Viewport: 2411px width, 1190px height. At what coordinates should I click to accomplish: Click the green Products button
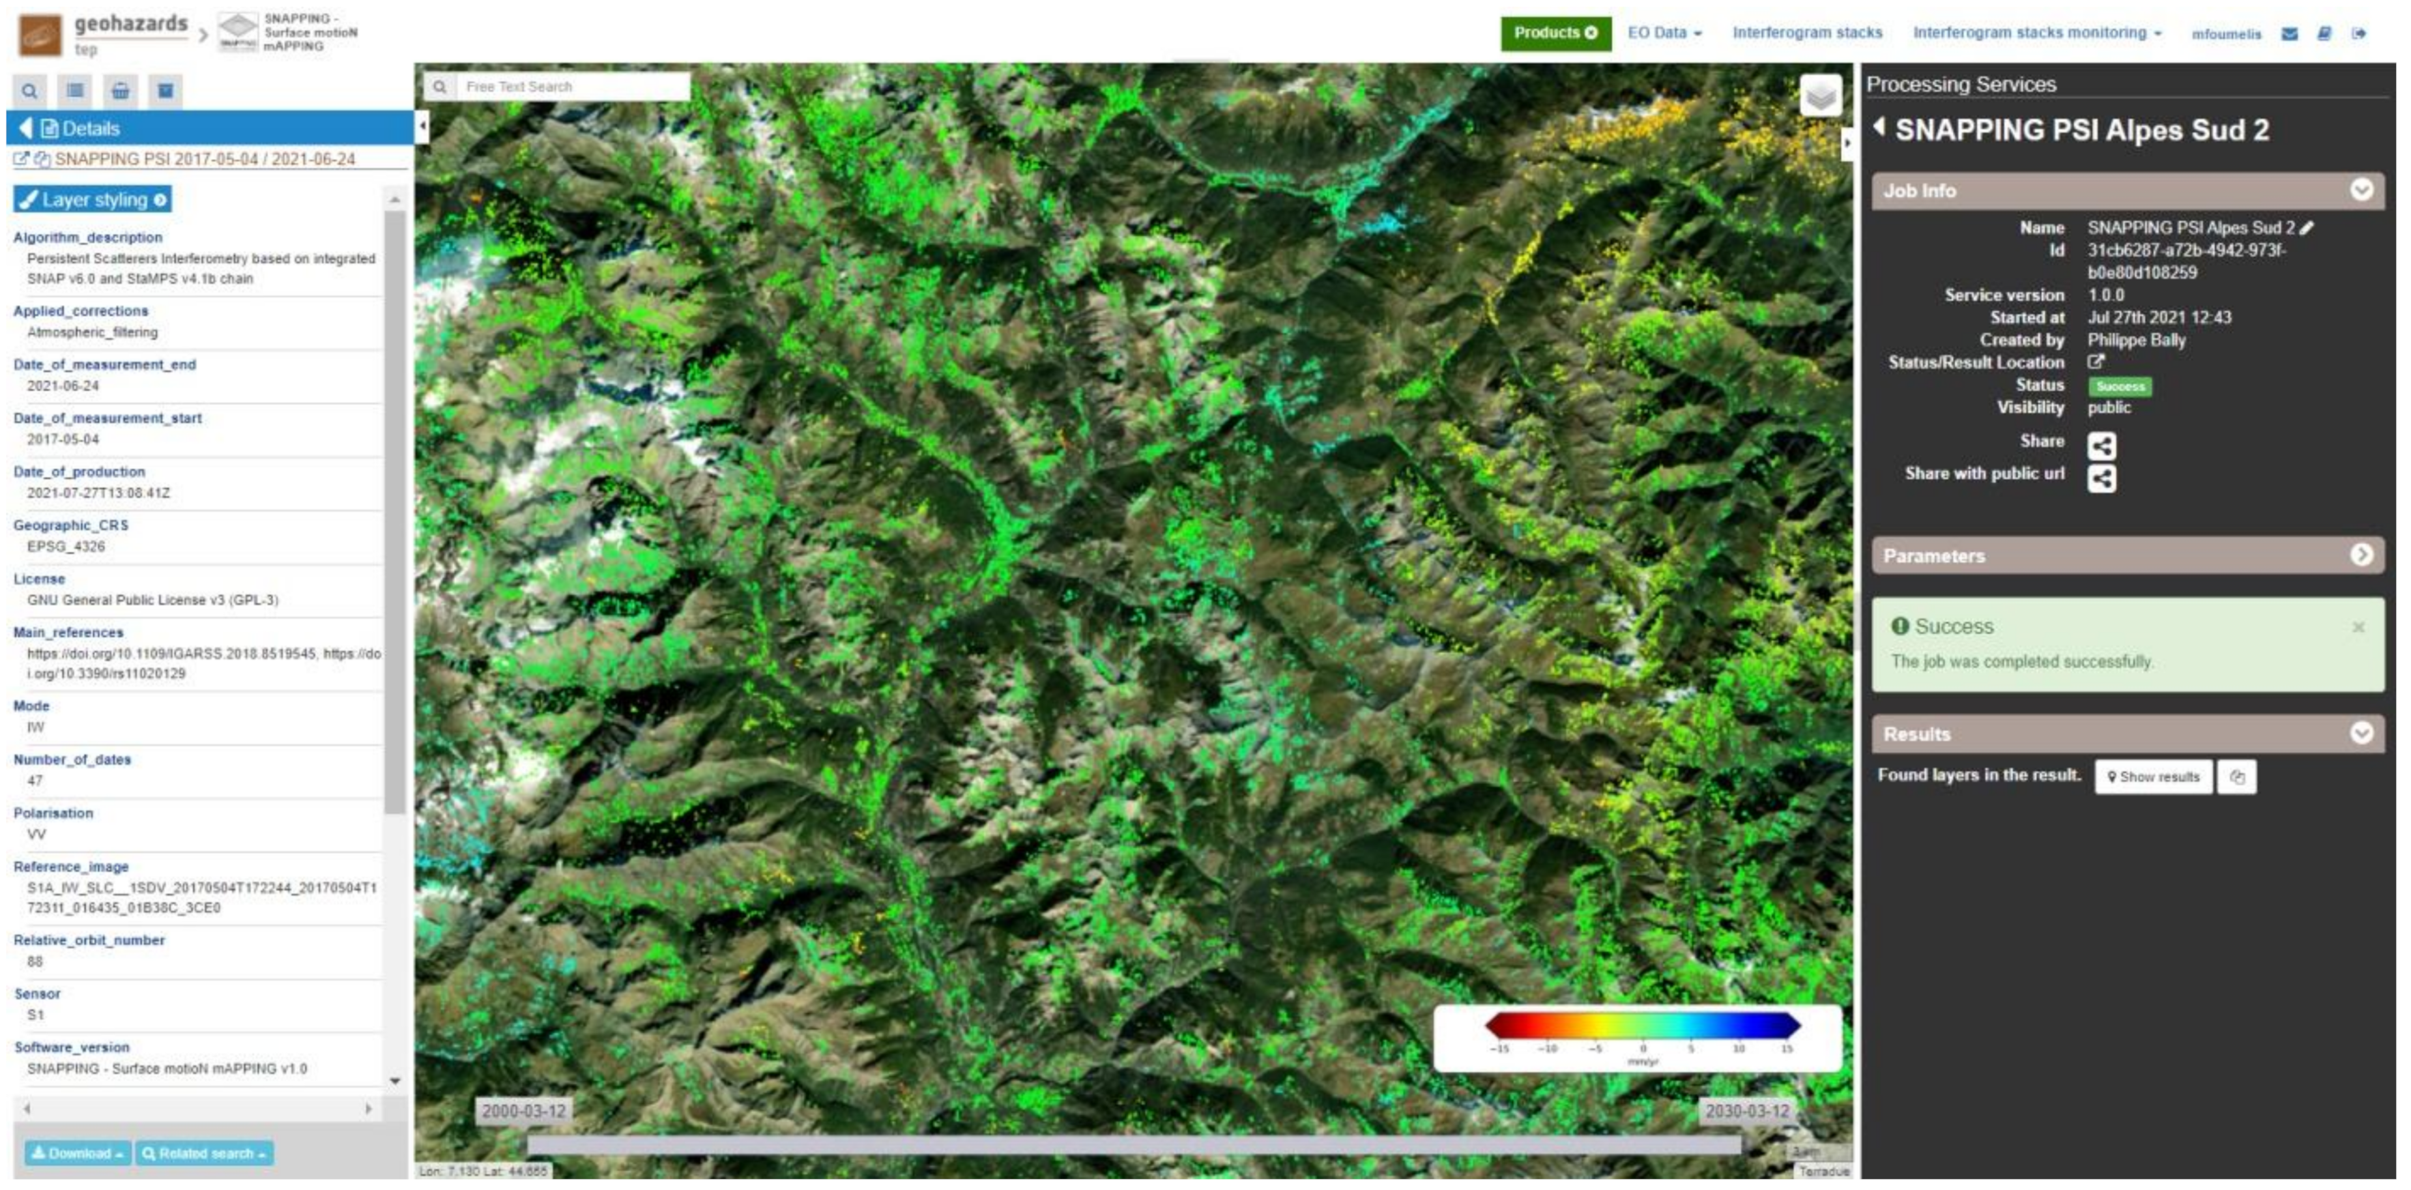[x=1555, y=33]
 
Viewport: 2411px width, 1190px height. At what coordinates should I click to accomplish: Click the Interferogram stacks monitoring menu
[x=2036, y=33]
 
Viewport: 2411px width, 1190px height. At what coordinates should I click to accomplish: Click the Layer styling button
[x=93, y=199]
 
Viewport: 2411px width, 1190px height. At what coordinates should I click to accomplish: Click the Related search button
[x=204, y=1154]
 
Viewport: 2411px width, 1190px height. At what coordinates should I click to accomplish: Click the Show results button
[x=2153, y=777]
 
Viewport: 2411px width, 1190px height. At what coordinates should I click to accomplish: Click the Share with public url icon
[x=2101, y=478]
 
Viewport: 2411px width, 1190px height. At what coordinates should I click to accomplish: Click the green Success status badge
[x=2120, y=386]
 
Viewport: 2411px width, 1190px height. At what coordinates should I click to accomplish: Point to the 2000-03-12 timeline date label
[x=523, y=1111]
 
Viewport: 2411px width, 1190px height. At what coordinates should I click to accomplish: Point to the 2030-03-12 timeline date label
[x=1746, y=1111]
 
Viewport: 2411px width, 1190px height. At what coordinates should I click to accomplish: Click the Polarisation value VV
[x=36, y=834]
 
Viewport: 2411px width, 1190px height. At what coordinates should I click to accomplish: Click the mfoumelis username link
[x=2226, y=35]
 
